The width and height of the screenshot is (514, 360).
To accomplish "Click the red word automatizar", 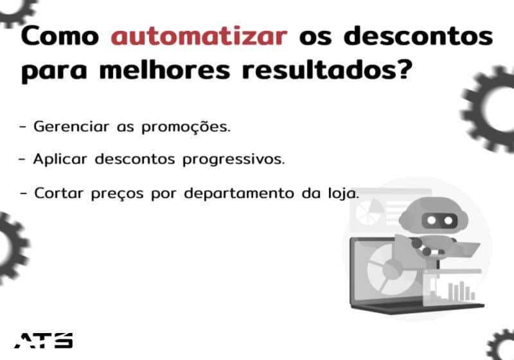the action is coord(199,36).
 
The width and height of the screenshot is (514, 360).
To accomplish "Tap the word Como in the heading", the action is coord(60,36).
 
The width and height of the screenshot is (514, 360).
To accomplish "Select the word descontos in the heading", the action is coord(418,36).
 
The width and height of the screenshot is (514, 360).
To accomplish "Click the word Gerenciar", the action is coord(71,127).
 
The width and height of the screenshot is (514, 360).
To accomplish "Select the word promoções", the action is coord(186,127).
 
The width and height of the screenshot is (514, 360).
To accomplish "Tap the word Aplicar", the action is coord(60,159).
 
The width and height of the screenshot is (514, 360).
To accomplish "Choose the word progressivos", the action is coord(234,160).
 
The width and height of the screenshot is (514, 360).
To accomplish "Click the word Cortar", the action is coord(58,193).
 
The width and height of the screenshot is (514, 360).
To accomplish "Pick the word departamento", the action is coord(239,194).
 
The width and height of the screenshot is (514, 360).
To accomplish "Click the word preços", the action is coord(118,194).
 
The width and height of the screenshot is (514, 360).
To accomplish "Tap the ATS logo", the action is coord(44,340).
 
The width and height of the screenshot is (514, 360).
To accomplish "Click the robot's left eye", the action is coord(432,221).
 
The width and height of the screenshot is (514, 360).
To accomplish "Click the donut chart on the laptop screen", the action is coord(389,271).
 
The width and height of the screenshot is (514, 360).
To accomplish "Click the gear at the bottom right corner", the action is coord(501,345).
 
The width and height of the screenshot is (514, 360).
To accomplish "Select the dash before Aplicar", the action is coord(22,159).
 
